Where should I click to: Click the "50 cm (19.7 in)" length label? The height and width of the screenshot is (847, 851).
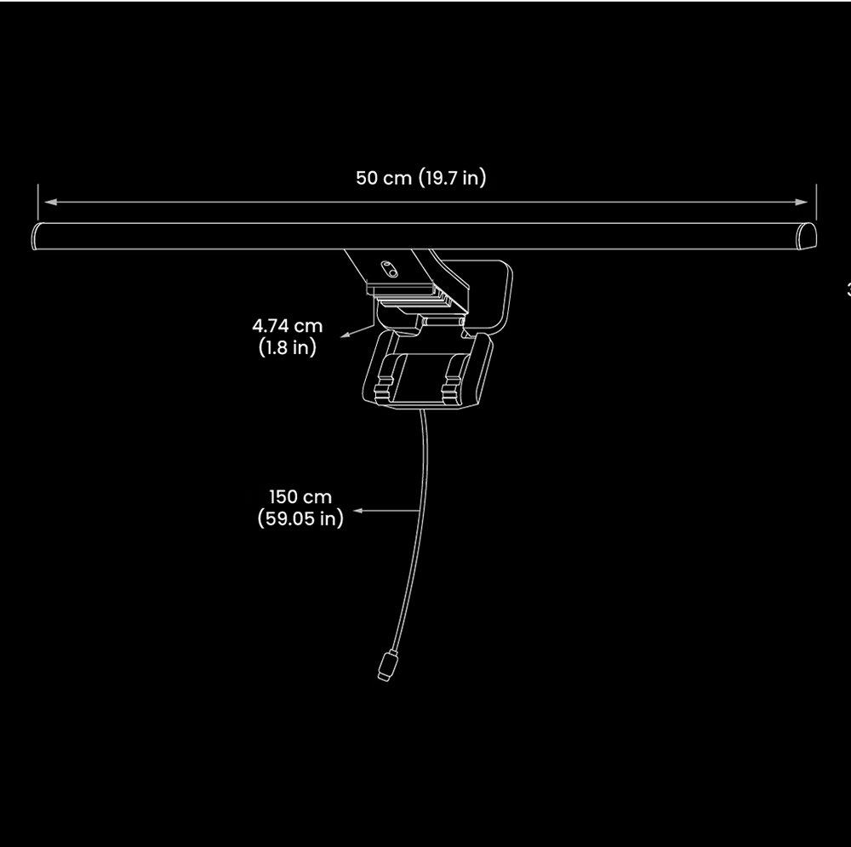[x=421, y=178]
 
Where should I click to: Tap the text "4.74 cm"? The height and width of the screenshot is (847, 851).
[x=288, y=326]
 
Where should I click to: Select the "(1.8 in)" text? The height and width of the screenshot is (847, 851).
[x=287, y=347]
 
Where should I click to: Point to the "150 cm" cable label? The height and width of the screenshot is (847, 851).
[x=300, y=496]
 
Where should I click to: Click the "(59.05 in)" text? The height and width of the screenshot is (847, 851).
[x=300, y=518]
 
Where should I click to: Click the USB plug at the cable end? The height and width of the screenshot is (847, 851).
[x=386, y=666]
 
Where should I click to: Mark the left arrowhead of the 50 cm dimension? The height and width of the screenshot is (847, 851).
[x=50, y=203]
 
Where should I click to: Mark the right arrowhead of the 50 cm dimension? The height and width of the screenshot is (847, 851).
[x=802, y=203]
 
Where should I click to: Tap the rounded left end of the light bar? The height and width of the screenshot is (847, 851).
[x=37, y=236]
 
